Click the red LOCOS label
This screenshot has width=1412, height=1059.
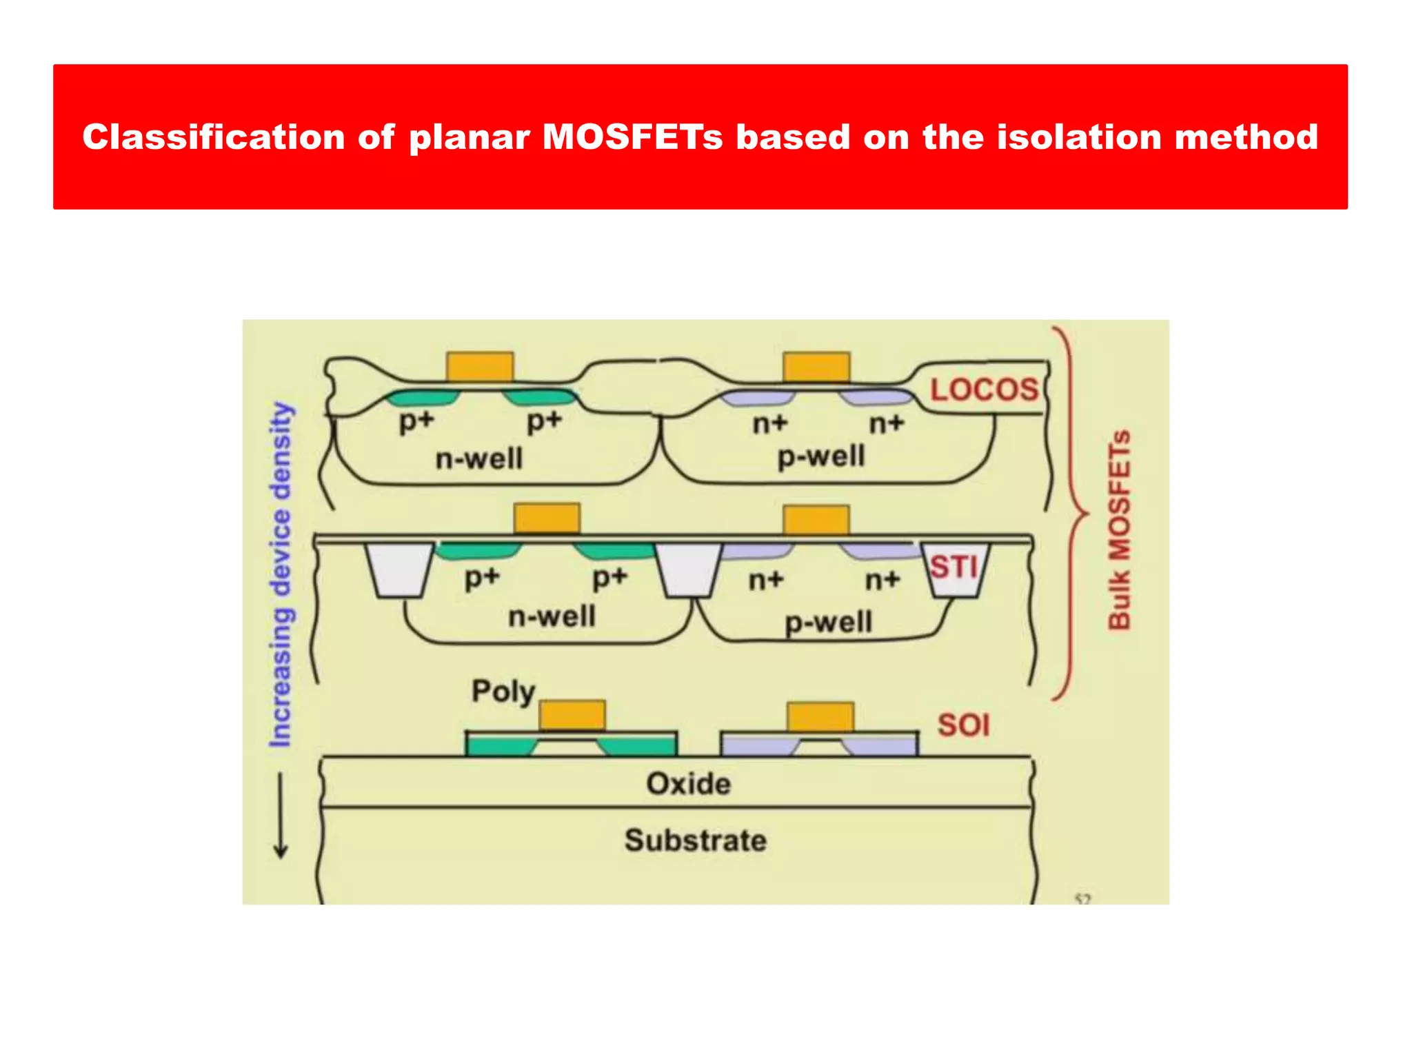(984, 390)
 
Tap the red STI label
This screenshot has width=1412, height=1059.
(954, 567)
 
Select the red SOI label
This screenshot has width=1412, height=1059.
(963, 725)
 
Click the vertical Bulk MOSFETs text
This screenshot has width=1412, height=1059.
(1119, 529)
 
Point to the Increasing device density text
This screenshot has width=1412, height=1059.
(281, 574)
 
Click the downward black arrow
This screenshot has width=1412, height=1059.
(281, 816)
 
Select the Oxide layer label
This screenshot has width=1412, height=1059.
(688, 784)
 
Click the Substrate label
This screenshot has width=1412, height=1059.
(695, 840)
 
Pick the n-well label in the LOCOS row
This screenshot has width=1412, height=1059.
(479, 458)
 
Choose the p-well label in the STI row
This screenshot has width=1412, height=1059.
(829, 623)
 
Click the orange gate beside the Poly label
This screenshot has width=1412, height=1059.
(572, 716)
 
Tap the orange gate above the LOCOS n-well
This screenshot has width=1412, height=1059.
(480, 367)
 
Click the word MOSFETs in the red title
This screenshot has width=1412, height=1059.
(632, 137)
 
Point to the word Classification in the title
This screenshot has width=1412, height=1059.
(213, 137)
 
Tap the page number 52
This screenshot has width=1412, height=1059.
(1082, 899)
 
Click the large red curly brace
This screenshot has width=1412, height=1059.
(1071, 513)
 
